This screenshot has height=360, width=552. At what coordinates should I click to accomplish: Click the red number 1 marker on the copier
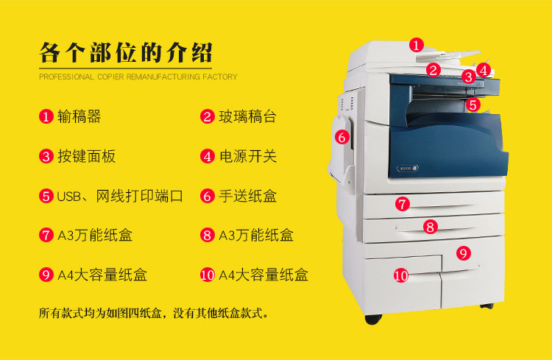click(x=417, y=45)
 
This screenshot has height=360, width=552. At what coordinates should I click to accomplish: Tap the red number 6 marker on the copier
click(x=342, y=137)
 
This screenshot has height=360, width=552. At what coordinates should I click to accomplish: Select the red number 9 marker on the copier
click(x=463, y=253)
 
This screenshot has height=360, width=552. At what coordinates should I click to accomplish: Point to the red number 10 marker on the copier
click(x=400, y=275)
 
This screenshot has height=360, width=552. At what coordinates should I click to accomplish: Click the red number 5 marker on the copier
click(x=473, y=105)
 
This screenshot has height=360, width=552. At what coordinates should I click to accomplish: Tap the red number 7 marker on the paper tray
click(x=402, y=204)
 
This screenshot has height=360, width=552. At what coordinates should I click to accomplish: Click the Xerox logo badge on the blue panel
click(x=408, y=169)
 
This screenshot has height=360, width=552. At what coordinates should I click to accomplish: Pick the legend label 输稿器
click(x=79, y=116)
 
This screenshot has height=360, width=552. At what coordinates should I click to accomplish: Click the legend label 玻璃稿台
click(x=247, y=116)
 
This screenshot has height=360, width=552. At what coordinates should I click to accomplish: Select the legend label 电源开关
click(x=248, y=156)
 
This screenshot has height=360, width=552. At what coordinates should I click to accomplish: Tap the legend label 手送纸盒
click(x=248, y=196)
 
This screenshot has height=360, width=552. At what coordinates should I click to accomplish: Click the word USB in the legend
click(x=69, y=197)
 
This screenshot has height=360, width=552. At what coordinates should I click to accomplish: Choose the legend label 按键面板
click(x=87, y=156)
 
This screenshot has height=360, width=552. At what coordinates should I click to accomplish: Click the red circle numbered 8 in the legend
click(x=208, y=235)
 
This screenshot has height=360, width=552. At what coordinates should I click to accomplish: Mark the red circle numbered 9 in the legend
click(x=46, y=275)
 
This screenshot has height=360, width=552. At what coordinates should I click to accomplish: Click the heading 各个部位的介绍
click(x=126, y=53)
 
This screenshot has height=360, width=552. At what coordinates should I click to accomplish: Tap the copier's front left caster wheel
click(x=373, y=319)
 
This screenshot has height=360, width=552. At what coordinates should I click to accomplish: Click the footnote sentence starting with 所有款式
click(x=154, y=313)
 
